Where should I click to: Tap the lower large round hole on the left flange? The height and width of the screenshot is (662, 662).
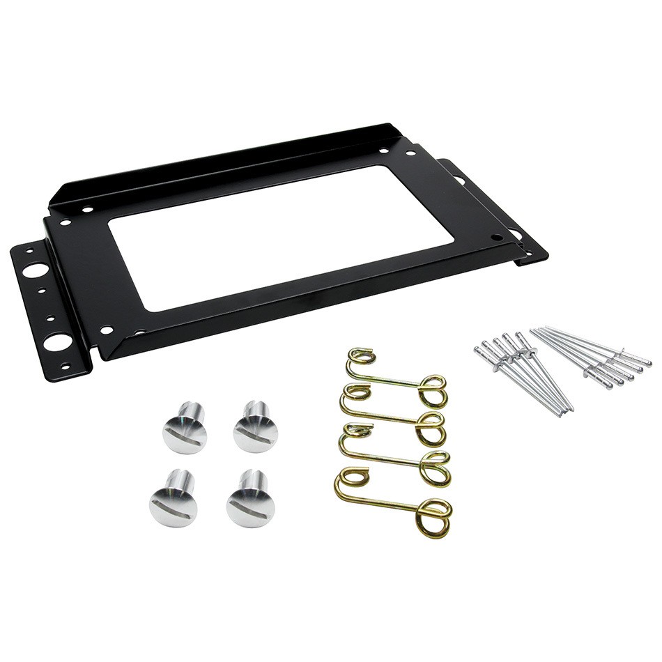coord(57,342)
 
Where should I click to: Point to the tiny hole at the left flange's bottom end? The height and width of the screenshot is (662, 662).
coord(65,366)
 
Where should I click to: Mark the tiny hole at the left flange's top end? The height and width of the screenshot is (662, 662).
coord(30,249)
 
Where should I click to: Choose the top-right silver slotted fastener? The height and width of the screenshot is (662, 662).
coord(255,426)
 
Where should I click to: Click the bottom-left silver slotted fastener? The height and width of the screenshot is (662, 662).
coord(174,499)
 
